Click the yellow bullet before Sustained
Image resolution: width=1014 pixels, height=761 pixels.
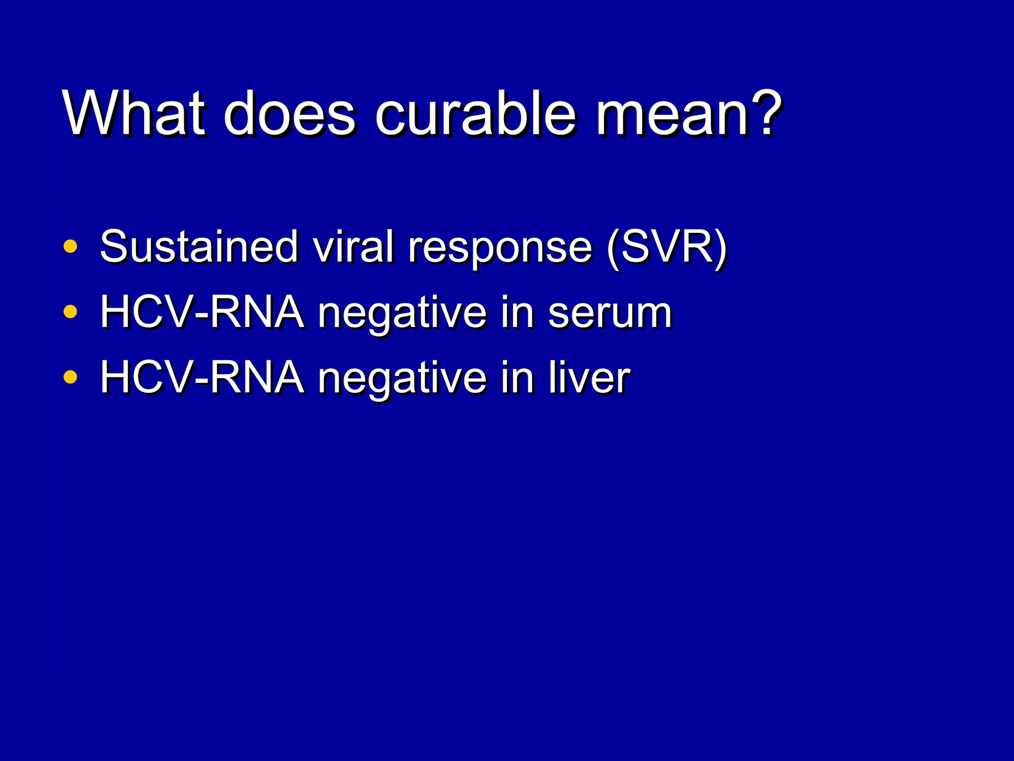tap(71, 246)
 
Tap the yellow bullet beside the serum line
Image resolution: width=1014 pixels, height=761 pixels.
tap(71, 312)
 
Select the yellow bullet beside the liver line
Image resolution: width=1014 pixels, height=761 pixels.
tap(71, 377)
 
